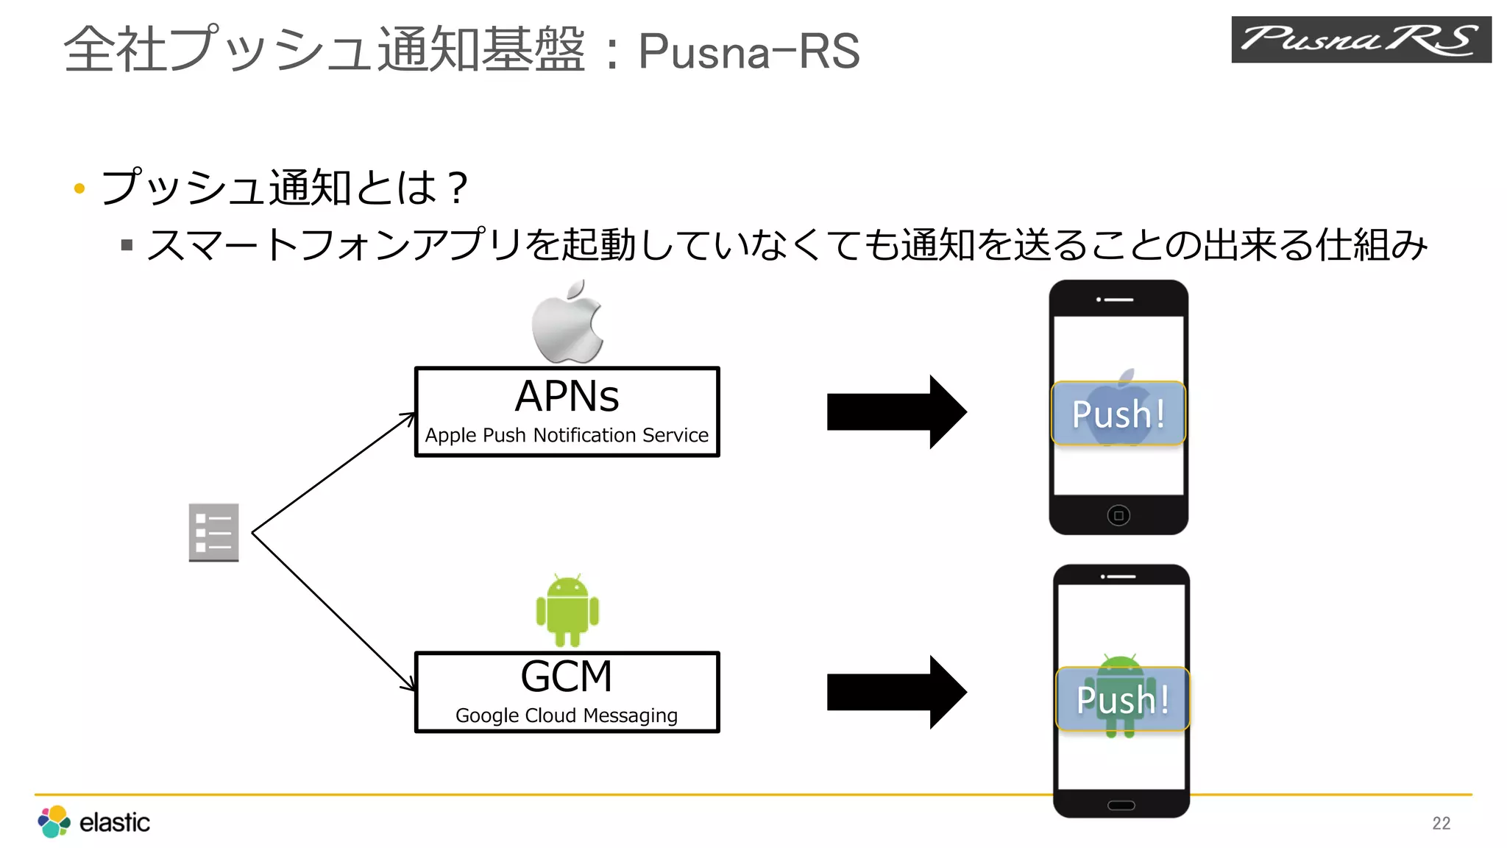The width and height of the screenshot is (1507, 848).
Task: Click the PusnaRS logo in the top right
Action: (x=1361, y=40)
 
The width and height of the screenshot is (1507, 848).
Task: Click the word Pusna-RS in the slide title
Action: (x=748, y=52)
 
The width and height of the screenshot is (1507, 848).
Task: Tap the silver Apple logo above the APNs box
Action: (x=567, y=322)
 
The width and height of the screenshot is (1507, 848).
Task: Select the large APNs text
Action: (x=567, y=396)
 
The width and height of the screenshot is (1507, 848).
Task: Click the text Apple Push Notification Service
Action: (x=567, y=435)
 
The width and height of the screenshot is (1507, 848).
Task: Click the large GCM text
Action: (x=566, y=676)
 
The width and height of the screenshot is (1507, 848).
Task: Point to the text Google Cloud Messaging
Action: (x=566, y=715)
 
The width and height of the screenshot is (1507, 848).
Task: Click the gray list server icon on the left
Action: (x=213, y=532)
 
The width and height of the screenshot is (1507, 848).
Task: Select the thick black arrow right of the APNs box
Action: (x=896, y=412)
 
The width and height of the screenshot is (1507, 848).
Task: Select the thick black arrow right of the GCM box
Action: (x=896, y=692)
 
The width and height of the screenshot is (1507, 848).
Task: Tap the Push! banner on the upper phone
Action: (x=1118, y=414)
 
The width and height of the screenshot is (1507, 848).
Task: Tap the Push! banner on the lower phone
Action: (x=1122, y=699)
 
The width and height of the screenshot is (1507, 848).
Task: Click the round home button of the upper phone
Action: (x=1118, y=515)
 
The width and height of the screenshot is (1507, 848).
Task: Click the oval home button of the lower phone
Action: (x=1121, y=805)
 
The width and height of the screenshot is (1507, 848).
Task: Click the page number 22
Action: (x=1441, y=823)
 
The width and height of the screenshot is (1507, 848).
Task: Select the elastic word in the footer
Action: (x=114, y=822)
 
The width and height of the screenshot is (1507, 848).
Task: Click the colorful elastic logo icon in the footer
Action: (x=54, y=821)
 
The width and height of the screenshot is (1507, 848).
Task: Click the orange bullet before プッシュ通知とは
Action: (x=80, y=188)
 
